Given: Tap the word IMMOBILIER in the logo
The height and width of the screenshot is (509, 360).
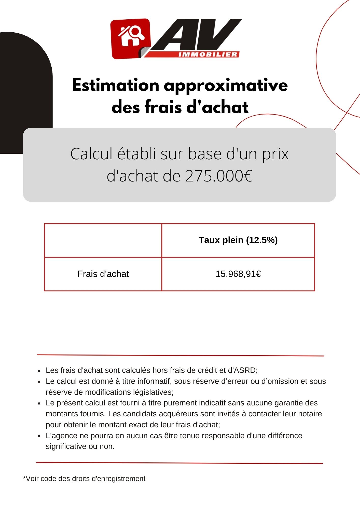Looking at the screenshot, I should pos(208,54).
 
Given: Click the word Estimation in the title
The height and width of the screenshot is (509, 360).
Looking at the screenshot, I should pos(116,85).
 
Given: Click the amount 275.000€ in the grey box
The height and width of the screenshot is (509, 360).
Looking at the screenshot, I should pos(219,176).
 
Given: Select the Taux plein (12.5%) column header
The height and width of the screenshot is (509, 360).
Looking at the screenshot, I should pos(238,240).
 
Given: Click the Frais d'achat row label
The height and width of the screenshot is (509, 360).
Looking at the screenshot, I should pos(103,274).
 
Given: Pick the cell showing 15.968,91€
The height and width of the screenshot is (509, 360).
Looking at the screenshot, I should pos(238,274).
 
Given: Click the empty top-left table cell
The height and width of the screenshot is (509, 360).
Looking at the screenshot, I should pos(103,240).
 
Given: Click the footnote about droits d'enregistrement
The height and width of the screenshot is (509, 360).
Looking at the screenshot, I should pos(84,479).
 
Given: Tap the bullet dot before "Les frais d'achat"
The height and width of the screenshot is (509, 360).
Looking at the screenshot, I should pos(39,371).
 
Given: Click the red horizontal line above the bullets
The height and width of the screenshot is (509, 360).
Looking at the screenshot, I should pos(180,355).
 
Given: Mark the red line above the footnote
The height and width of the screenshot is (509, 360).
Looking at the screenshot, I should pos(179,463).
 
